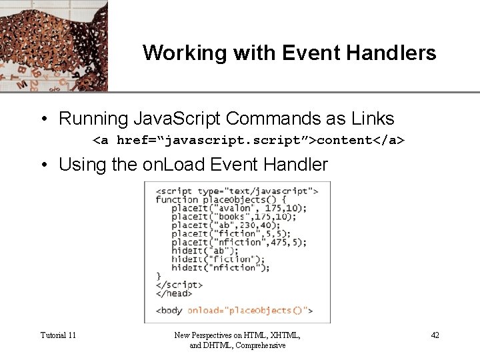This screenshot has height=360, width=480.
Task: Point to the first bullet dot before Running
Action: coord(43,119)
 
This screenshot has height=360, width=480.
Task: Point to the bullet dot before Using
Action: coord(43,165)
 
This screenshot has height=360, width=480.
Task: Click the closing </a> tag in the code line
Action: coord(389,140)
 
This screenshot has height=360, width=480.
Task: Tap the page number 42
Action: coord(435,335)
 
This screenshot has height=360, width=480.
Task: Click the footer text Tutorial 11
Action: coord(58,335)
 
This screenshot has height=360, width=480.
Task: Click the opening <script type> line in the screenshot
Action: coord(237,191)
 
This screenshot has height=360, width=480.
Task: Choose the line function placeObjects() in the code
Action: coord(221,199)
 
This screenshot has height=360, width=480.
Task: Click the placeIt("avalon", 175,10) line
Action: coord(239,208)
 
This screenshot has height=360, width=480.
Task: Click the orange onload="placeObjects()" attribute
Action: coord(249,310)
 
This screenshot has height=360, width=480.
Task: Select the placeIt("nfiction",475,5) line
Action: coord(239,242)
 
